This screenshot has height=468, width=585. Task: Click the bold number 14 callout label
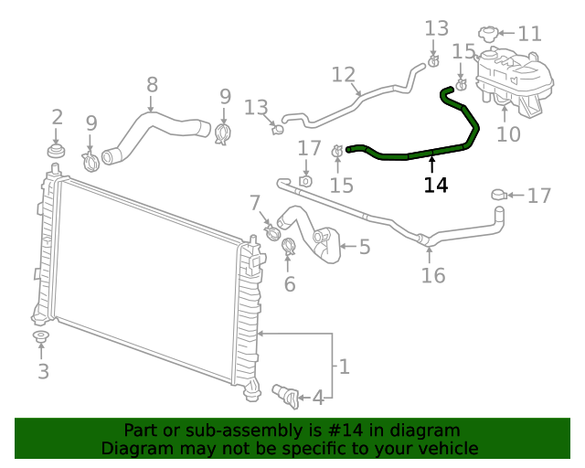pos(436,185)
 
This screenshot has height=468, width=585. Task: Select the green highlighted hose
pos(420,153)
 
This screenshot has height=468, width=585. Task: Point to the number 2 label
pos(57,116)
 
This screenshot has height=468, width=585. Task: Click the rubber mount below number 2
pos(56,149)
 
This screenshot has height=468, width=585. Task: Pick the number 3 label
pos(43,371)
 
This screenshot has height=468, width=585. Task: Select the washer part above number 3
pos(41,340)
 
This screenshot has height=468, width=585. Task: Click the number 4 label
pos(318,398)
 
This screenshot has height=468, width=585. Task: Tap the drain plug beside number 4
pos(285,394)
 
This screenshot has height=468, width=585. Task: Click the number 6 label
pos(290,284)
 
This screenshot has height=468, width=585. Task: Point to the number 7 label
pos(254,203)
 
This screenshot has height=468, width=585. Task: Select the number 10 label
pos(508,134)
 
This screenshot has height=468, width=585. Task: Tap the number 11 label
pos(529,35)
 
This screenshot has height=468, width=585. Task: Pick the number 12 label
pos(343,74)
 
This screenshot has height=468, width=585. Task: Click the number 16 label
pos(432,275)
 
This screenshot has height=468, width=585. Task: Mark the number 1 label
pos(344,367)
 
